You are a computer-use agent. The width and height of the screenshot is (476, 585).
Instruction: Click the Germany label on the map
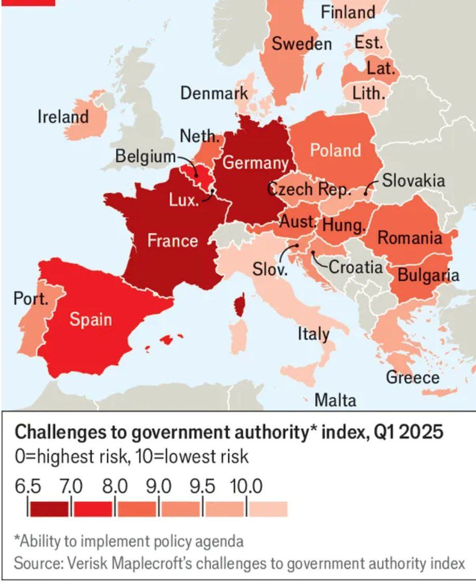[255, 163]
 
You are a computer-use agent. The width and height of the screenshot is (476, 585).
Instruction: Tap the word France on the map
[172, 240]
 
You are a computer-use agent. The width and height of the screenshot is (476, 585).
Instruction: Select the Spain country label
[91, 319]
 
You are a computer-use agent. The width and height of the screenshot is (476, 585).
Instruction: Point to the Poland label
[335, 150]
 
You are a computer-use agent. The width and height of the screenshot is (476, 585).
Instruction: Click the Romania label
[410, 238]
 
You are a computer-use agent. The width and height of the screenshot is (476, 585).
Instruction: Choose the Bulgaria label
[428, 275]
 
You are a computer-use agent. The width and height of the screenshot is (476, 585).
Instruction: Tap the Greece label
[412, 377]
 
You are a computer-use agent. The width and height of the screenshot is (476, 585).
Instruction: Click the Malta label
[335, 399]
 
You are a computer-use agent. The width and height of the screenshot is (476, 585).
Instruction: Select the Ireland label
[63, 117]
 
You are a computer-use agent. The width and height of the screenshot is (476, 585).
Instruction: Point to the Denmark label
[214, 94]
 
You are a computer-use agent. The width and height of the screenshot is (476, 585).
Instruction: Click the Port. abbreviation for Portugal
[31, 300]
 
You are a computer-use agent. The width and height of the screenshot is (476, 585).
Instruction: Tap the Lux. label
[184, 201]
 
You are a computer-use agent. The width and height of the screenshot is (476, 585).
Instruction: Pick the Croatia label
[356, 267]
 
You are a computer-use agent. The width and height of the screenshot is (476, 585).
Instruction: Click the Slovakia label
[413, 180]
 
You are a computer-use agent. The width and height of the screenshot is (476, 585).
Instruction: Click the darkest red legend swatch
[49, 509]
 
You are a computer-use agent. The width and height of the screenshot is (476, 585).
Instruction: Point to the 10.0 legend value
[246, 486]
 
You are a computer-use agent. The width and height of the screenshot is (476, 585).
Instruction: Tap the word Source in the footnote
[37, 563]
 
